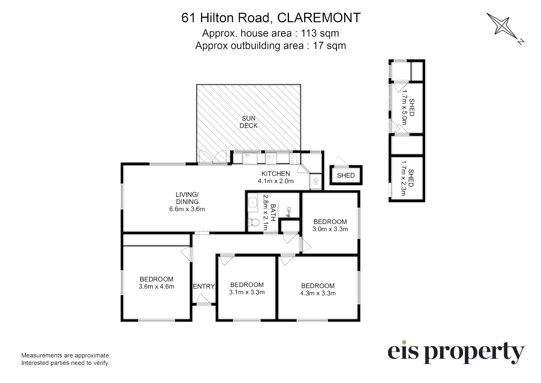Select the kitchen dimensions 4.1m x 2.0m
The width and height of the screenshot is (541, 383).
click(x=275, y=181)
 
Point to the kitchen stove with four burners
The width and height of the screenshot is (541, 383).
click(x=295, y=159)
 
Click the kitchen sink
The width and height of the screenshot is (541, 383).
click(x=250, y=159)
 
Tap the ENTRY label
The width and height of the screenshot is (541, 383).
click(x=204, y=287)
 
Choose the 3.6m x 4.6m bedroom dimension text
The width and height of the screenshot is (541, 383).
click(x=156, y=287)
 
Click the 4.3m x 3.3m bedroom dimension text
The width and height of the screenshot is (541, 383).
click(x=318, y=293)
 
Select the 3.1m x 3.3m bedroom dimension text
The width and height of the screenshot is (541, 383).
click(x=247, y=292)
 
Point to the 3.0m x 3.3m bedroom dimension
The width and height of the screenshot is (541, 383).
click(x=330, y=229)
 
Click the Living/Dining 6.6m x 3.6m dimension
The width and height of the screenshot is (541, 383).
click(x=187, y=209)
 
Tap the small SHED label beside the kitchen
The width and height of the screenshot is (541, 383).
click(x=346, y=176)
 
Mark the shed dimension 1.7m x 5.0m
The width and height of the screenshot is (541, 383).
click(x=404, y=107)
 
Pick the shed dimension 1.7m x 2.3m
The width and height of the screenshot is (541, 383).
click(x=403, y=178)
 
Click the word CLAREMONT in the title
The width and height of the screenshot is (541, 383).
click(x=319, y=18)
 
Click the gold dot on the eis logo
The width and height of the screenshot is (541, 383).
click(x=404, y=342)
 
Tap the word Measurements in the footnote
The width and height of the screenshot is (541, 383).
click(x=43, y=355)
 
